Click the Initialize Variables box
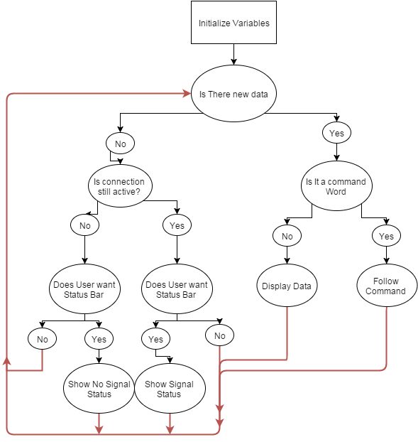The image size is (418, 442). (x=233, y=23)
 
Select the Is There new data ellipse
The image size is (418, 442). (x=233, y=94)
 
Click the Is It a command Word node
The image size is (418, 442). (x=336, y=186)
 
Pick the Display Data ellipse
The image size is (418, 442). (x=287, y=286)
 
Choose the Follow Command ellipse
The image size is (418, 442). (x=385, y=286)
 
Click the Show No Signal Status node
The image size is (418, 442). (x=99, y=389)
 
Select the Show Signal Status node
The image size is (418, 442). (x=169, y=389)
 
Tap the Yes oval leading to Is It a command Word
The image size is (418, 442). (x=336, y=133)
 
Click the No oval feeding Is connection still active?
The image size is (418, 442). (x=120, y=144)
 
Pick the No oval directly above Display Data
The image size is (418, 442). (x=287, y=236)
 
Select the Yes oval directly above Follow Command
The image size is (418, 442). (x=386, y=236)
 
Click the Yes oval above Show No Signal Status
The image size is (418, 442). (x=99, y=339)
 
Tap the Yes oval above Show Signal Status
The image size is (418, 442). (x=155, y=339)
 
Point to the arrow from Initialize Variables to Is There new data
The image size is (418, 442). (x=233, y=55)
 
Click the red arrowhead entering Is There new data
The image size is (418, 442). (x=187, y=94)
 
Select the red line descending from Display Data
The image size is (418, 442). (x=287, y=334)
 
